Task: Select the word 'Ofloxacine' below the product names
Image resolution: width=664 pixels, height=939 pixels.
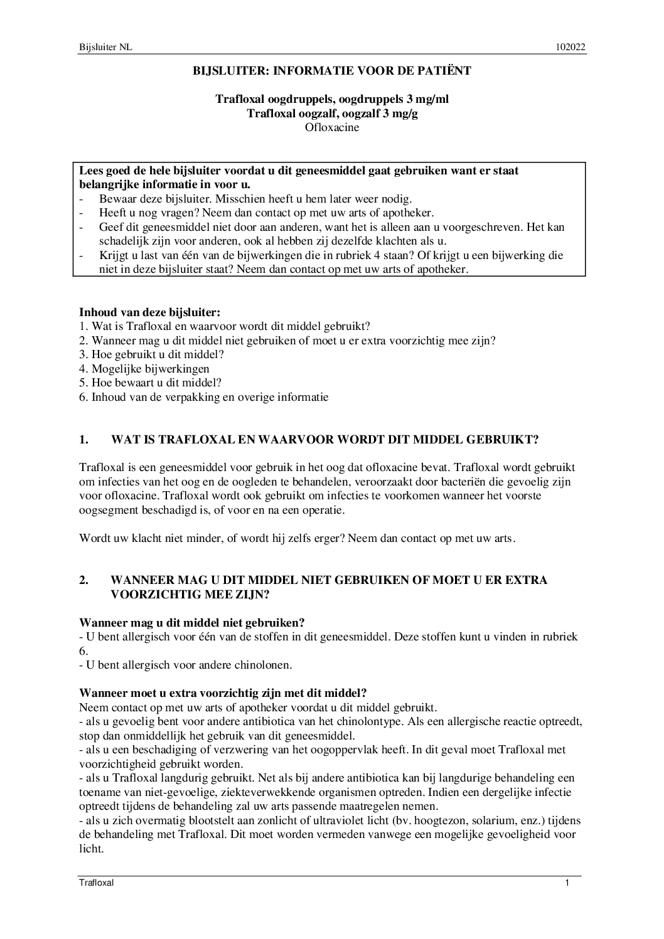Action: pos(332,127)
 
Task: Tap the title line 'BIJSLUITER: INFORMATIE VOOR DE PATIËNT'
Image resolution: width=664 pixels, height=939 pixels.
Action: pos(332,71)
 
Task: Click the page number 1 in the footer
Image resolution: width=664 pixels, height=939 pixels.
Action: pos(567,883)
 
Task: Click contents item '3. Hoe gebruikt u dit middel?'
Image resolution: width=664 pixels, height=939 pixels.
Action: pos(152,354)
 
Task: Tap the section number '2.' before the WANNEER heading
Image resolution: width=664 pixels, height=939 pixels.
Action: pos(84,580)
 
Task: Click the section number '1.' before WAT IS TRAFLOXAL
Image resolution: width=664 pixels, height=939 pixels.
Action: pos(84,440)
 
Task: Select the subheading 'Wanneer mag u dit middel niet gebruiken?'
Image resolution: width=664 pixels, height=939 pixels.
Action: pos(192,622)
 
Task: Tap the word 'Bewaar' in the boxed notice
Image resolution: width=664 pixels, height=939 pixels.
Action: pos(116,199)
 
